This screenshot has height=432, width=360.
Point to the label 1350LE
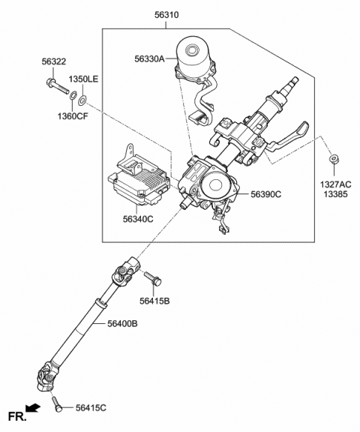(x=83, y=79)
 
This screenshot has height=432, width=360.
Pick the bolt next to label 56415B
(x=153, y=278)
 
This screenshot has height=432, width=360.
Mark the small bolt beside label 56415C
(x=58, y=405)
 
